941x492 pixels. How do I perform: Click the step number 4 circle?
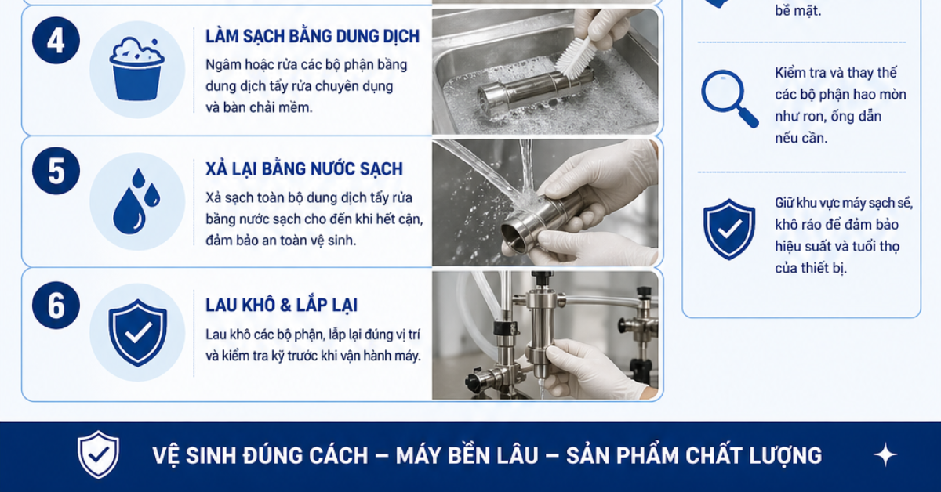[x=56, y=40]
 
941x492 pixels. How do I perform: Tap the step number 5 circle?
[x=56, y=171]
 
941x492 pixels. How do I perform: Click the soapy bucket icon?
[x=137, y=69]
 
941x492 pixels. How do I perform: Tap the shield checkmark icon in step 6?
[x=137, y=332]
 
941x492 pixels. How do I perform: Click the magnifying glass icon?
[x=728, y=99]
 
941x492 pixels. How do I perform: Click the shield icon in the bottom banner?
[x=98, y=454]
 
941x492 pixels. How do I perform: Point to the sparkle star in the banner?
[x=885, y=454]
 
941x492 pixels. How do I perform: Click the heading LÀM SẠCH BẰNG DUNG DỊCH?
[x=312, y=36]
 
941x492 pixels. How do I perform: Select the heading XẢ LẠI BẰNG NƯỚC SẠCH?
[x=303, y=168]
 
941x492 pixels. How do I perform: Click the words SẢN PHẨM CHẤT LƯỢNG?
[x=693, y=455]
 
